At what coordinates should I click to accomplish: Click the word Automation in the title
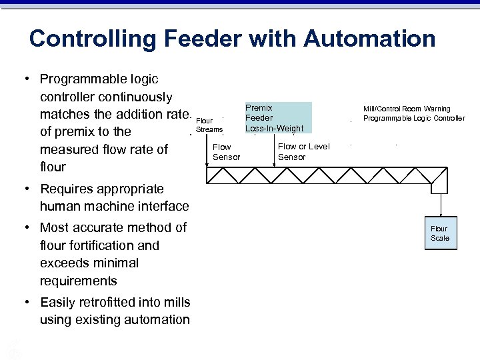tap(369, 39)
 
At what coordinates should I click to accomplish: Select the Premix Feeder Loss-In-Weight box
tap(274, 117)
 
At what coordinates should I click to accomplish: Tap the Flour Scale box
tap(439, 233)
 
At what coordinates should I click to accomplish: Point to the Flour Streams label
tap(209, 125)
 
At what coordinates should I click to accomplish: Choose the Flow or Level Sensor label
tap(303, 152)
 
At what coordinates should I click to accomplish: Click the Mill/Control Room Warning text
tap(407, 109)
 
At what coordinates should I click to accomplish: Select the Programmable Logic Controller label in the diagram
tap(414, 119)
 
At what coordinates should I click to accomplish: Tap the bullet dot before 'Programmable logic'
tap(27, 79)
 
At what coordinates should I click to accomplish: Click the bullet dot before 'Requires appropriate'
tap(27, 189)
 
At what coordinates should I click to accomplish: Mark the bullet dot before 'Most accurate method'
tap(27, 228)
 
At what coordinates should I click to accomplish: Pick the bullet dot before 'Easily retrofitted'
tap(27, 302)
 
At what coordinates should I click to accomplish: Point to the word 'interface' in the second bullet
tap(163, 207)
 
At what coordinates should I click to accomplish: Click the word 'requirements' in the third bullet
tap(79, 281)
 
